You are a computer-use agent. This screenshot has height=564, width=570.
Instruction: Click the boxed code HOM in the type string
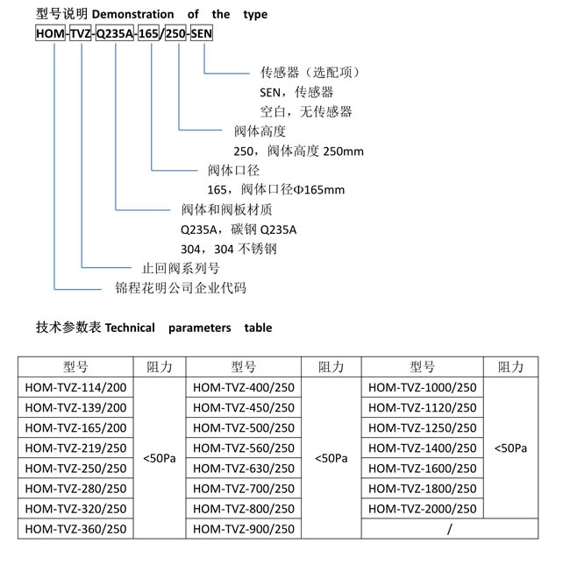50,33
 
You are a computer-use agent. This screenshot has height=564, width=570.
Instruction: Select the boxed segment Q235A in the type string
115,33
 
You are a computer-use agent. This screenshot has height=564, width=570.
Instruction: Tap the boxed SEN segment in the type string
202,33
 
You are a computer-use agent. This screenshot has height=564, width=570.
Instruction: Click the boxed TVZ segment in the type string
81,33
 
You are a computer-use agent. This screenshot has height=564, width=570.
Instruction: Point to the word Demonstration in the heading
132,14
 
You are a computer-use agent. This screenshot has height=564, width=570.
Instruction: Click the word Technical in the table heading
130,328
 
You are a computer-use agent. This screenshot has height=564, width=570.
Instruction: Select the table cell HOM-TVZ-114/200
75,387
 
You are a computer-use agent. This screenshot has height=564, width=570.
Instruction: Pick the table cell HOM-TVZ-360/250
75,529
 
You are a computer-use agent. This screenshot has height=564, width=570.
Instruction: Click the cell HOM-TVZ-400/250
244,387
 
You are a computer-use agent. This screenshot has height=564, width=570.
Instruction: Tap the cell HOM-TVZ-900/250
244,529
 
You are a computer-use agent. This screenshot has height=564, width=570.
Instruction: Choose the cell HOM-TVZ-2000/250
423,509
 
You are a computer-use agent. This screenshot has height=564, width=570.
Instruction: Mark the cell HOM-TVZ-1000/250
423,387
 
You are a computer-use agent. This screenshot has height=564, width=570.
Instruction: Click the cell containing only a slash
450,529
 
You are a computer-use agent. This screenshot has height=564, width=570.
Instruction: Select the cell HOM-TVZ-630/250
244,469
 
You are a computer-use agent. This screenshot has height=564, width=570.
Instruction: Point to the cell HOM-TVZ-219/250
75,448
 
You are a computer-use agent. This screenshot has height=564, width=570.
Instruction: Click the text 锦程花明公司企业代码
181,288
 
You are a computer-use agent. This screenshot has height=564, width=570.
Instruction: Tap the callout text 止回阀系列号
181,268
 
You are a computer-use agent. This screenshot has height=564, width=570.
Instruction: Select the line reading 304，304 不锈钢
229,249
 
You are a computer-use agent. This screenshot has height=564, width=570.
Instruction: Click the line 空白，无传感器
306,111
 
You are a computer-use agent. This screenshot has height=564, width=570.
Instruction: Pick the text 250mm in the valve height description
343,151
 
